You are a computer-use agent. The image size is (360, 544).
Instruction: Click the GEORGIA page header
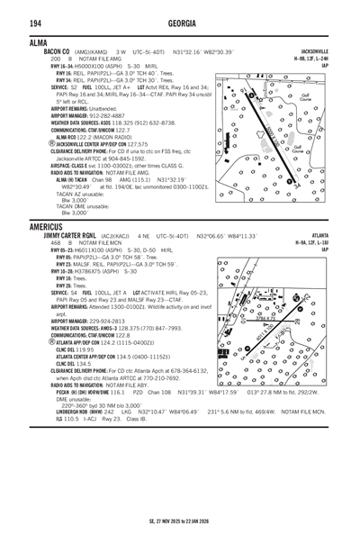[x=179, y=21]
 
